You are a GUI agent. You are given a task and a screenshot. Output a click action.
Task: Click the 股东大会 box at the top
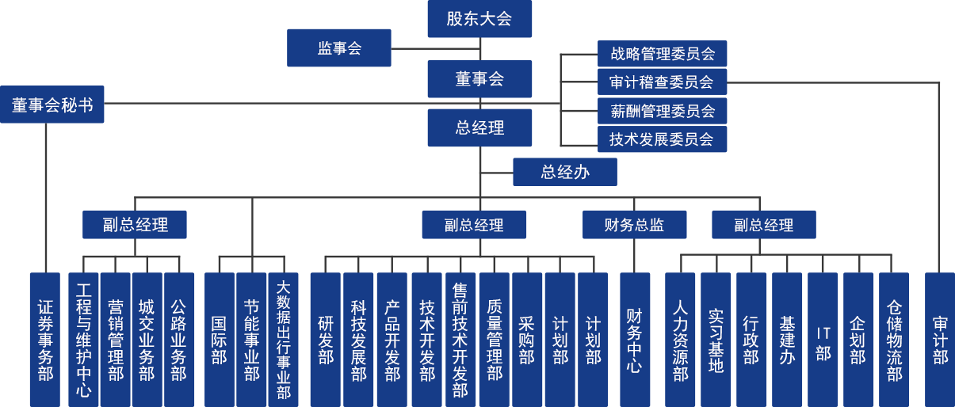point(479,19)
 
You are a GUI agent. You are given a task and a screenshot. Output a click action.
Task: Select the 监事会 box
point(339,48)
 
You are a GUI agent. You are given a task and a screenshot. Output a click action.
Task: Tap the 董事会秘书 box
point(52,105)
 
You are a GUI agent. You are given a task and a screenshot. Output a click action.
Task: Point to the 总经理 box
point(479,128)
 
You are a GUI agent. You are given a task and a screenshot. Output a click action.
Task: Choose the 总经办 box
point(564,173)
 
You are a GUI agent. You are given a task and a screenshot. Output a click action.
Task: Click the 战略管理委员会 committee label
point(663,54)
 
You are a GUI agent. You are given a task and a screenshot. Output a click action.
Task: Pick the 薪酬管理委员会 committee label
point(663,111)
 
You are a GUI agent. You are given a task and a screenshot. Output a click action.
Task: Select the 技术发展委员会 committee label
point(663,139)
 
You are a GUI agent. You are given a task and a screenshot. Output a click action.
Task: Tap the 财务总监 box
point(634,225)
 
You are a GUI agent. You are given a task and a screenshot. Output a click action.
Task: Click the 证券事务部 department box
point(45,339)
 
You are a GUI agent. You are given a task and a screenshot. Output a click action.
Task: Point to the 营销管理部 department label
point(116,339)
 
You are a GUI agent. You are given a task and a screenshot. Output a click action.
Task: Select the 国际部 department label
point(220,339)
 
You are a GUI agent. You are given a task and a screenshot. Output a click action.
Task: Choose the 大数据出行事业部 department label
point(284,339)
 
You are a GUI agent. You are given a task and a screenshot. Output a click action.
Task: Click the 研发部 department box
point(325,339)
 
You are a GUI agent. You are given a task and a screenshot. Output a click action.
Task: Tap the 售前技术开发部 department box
point(460,339)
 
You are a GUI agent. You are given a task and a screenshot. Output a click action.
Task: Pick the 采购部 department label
point(527,339)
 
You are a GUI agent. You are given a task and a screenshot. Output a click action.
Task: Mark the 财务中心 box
point(634,339)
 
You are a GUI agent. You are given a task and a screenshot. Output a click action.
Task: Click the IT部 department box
point(823,339)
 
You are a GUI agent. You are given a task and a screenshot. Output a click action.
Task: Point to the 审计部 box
point(940,339)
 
